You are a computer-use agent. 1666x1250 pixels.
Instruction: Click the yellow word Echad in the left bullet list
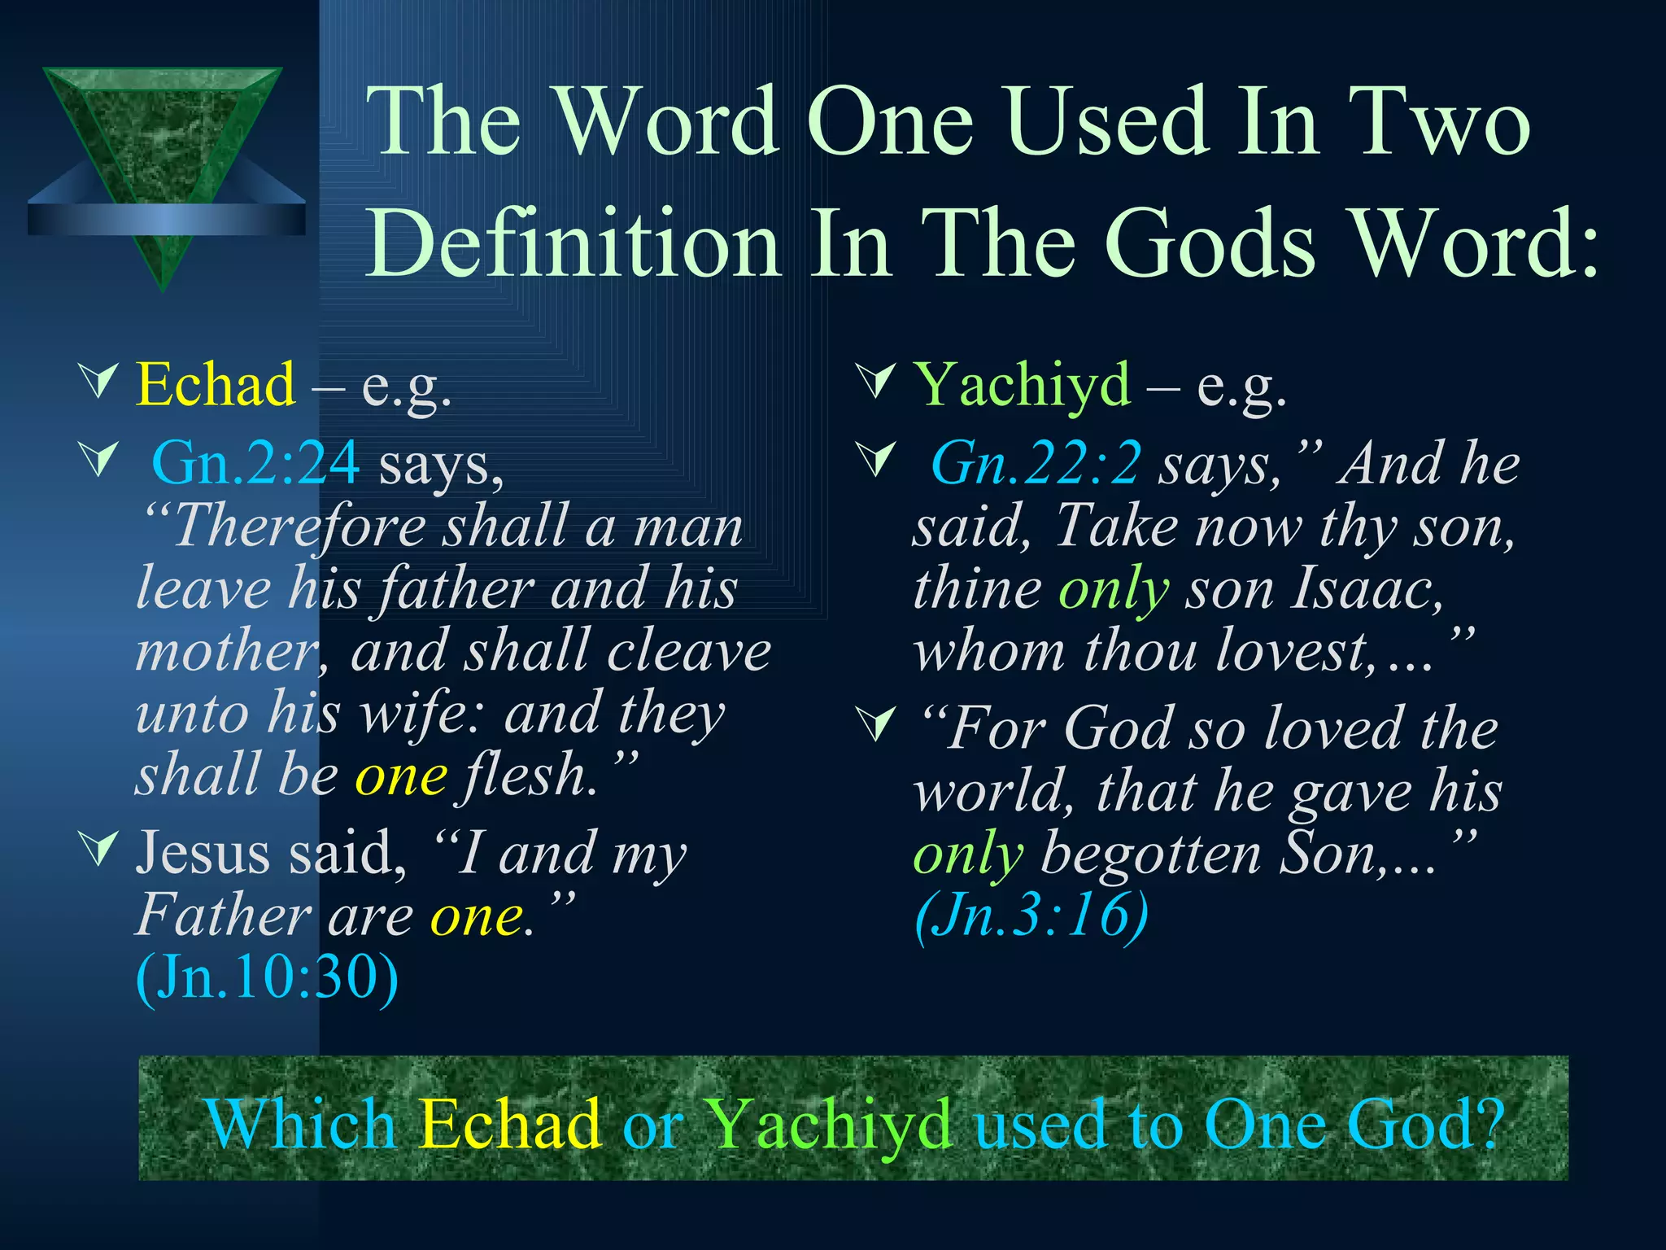216,384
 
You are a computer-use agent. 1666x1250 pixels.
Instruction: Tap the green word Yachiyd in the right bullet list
1023,384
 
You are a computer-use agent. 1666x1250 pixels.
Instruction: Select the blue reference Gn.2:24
255,463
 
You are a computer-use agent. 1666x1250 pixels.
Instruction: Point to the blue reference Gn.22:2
1036,463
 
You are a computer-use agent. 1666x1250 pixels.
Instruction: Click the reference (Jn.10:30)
268,977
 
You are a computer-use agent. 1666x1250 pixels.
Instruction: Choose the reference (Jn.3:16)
1031,916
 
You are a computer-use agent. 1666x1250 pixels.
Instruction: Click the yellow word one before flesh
401,775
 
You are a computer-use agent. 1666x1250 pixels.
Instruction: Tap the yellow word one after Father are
477,916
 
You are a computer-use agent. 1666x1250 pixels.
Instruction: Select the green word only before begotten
968,854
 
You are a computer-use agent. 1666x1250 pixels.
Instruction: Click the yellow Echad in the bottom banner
510,1125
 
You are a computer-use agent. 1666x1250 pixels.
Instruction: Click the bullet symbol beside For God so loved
878,723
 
